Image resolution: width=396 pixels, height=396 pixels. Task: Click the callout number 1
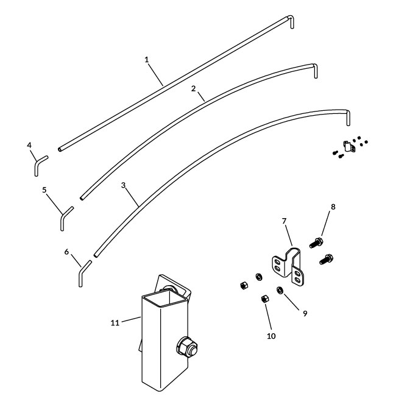pyautogui.click(x=147, y=59)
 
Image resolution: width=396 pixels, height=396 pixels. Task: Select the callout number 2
pyautogui.click(x=193, y=88)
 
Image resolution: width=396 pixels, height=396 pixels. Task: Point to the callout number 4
pyautogui.click(x=29, y=145)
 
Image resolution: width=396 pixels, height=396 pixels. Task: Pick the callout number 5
pyautogui.click(x=44, y=189)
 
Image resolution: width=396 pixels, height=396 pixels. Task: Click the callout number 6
pyautogui.click(x=67, y=250)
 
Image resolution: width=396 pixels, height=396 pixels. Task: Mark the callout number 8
pyautogui.click(x=333, y=207)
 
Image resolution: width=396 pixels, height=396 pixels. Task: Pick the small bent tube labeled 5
pyautogui.click(x=65, y=217)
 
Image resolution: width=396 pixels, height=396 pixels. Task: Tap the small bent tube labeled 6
pyautogui.click(x=83, y=273)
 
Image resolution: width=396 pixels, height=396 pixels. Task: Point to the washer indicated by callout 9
pyautogui.click(x=280, y=290)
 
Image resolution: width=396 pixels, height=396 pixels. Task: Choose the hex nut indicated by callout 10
pyautogui.click(x=266, y=299)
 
